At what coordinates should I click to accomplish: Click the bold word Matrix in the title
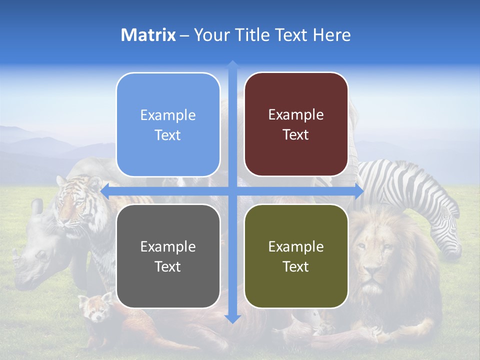click(148, 35)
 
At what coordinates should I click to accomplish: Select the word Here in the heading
click(331, 35)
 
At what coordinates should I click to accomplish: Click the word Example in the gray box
click(168, 246)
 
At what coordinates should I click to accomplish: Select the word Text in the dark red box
click(296, 135)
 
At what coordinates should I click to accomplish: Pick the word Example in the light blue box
click(168, 115)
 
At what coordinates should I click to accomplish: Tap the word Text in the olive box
click(296, 267)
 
